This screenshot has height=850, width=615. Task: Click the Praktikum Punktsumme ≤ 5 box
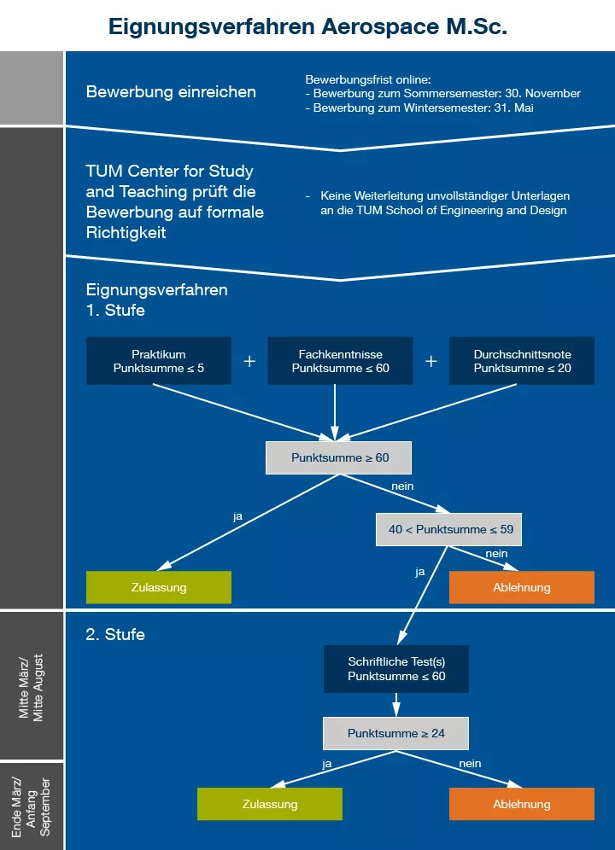click(159, 361)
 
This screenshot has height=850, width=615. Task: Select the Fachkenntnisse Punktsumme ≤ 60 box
click(340, 361)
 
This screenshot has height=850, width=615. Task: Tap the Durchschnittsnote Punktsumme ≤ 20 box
click(522, 361)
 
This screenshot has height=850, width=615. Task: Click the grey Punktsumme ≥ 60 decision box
click(339, 457)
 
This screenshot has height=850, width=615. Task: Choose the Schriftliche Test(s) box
click(396, 668)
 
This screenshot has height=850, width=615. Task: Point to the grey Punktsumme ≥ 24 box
click(395, 733)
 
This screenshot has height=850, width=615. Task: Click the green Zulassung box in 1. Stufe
click(159, 587)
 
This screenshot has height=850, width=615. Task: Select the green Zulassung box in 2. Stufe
click(270, 804)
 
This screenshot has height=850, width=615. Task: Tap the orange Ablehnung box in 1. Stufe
click(522, 587)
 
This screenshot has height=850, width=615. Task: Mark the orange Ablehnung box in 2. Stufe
click(522, 804)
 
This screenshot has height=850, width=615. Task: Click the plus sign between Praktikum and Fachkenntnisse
click(249, 361)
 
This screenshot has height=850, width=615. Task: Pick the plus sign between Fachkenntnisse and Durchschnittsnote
click(431, 361)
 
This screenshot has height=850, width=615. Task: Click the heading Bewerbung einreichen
click(171, 92)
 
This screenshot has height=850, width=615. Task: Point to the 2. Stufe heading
click(115, 635)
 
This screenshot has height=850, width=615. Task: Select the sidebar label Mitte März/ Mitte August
click(32, 688)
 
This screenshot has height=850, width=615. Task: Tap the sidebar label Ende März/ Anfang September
click(32, 806)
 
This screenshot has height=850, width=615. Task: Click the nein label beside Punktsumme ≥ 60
click(402, 486)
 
